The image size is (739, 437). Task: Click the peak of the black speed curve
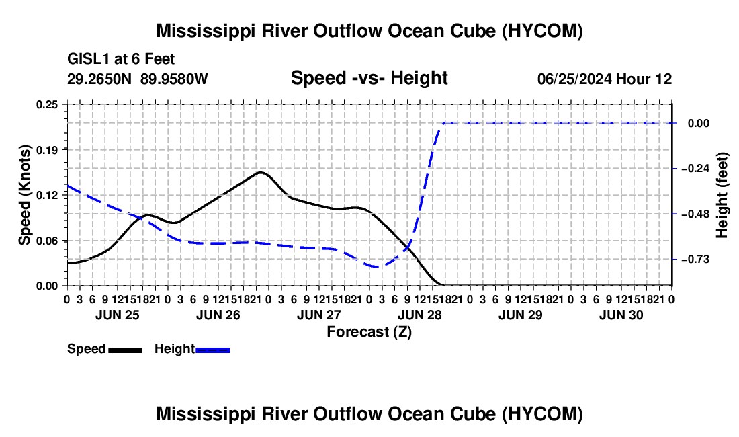click(261, 172)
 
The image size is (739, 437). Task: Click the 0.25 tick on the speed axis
click(46, 104)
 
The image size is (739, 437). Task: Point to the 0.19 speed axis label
click(46, 150)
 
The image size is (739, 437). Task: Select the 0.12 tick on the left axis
click(46, 195)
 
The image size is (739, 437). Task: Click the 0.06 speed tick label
click(46, 241)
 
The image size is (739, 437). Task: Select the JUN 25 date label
click(118, 315)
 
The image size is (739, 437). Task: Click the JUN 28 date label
click(420, 315)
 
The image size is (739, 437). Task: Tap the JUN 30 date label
click(621, 315)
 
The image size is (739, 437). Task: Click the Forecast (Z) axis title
click(369, 332)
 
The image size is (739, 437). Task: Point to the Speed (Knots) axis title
click(24, 195)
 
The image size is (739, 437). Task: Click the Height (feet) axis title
click(722, 195)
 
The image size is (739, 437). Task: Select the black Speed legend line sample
click(126, 350)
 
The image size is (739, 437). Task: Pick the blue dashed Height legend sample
click(212, 350)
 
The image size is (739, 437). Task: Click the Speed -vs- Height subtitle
click(369, 78)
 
